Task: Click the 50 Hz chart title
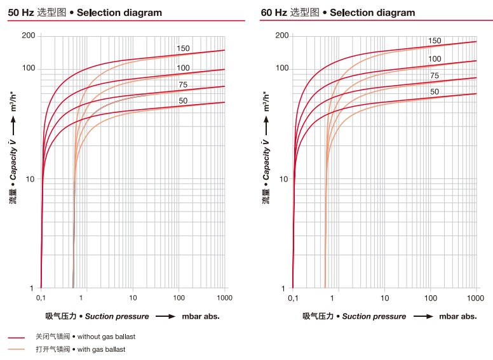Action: [x=85, y=13]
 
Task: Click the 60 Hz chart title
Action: [x=337, y=13]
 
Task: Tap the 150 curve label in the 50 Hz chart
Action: [x=183, y=49]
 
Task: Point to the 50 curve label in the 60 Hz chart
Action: [x=435, y=92]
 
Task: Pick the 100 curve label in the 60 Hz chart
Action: [x=435, y=59]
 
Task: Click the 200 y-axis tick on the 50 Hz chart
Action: [x=29, y=36]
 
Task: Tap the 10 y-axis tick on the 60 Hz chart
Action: [x=283, y=179]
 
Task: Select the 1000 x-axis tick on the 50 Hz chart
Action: [x=224, y=297]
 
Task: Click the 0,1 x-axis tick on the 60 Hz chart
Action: [x=293, y=297]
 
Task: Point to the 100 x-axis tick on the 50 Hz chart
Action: [x=179, y=297]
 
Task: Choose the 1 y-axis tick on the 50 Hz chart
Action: [x=32, y=289]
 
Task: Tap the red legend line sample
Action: [x=17, y=337]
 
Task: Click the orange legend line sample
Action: [x=17, y=350]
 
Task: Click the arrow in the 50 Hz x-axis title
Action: [x=165, y=316]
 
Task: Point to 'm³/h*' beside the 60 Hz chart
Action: [x=267, y=101]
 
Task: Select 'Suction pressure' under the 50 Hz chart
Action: [x=117, y=316]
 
